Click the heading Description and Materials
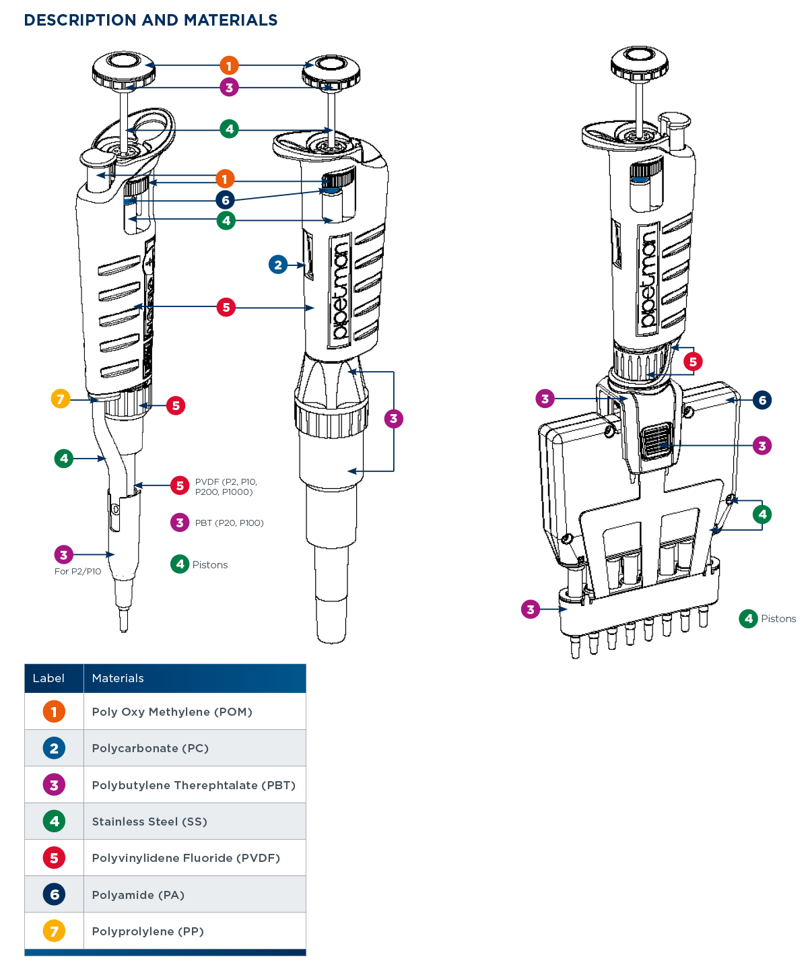[x=151, y=20]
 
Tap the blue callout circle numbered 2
[x=278, y=265]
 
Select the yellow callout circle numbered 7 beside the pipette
[x=61, y=399]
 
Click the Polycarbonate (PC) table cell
[x=150, y=748]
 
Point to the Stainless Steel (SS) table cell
[x=149, y=822]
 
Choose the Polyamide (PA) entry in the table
[x=138, y=895]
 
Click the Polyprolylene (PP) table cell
[x=147, y=931]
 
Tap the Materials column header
[x=118, y=678]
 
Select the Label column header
[x=48, y=678]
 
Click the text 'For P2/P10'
[x=77, y=571]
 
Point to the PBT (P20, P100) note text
[x=229, y=523]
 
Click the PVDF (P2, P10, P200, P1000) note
[x=226, y=487]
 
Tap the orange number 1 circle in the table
[x=54, y=712]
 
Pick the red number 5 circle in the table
[x=54, y=858]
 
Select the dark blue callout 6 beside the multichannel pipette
[x=762, y=400]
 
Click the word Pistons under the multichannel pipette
[x=778, y=619]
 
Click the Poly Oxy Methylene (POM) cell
[x=172, y=712]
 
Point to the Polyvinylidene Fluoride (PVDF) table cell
[x=186, y=858]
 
